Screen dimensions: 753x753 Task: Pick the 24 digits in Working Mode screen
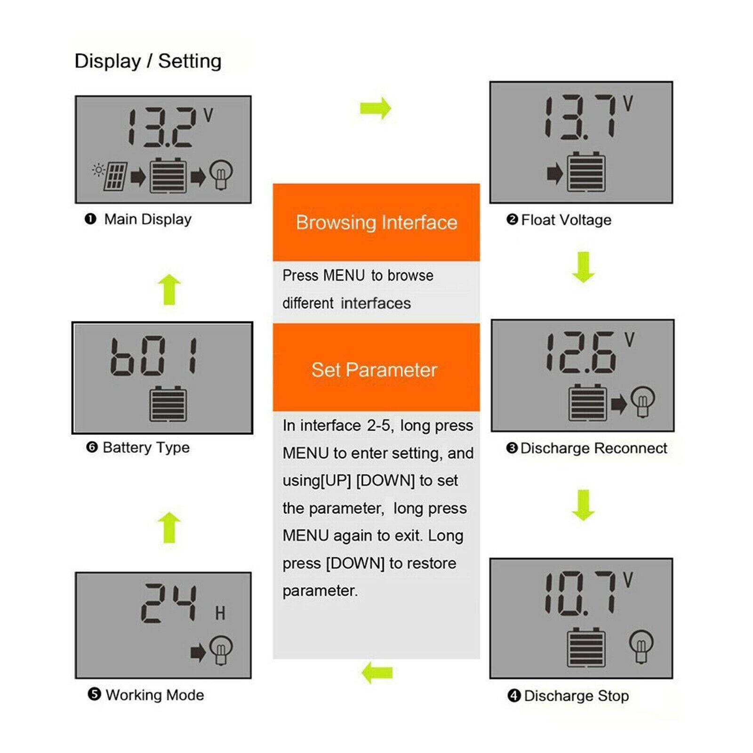(x=168, y=603)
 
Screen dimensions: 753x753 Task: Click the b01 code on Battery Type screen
(x=154, y=356)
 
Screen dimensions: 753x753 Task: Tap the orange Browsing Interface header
(x=376, y=222)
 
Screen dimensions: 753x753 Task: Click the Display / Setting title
(x=148, y=61)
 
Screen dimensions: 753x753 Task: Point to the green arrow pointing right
(x=376, y=108)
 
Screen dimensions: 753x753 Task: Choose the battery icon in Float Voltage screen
(x=586, y=172)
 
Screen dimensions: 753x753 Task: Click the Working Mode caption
(x=154, y=695)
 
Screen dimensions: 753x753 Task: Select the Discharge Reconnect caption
(x=593, y=448)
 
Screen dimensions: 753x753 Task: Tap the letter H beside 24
(x=220, y=613)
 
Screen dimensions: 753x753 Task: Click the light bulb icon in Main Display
(x=221, y=174)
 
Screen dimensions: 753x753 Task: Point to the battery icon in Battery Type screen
(x=168, y=404)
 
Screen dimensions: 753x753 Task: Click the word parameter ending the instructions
(x=320, y=591)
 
